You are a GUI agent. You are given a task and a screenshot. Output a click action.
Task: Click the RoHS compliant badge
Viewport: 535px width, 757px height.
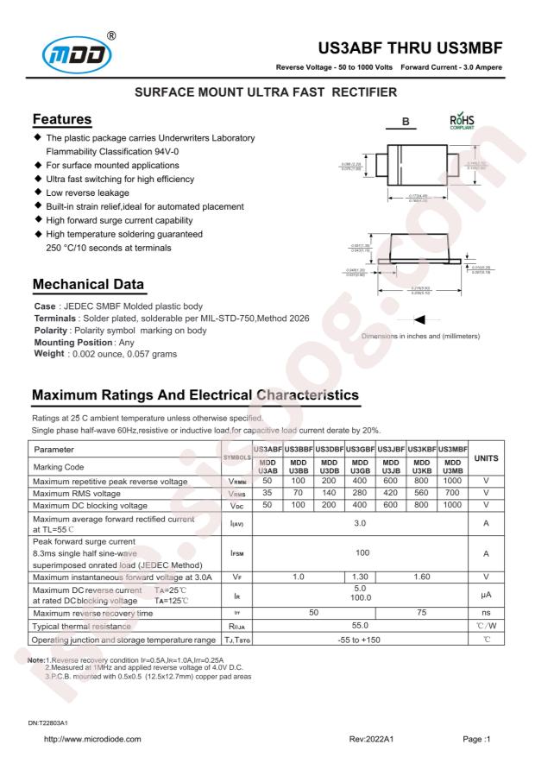[x=462, y=122]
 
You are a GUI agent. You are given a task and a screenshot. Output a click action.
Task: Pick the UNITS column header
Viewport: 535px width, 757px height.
[x=486, y=457]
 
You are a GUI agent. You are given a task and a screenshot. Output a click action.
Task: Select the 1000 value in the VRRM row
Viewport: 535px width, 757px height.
[x=452, y=480]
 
